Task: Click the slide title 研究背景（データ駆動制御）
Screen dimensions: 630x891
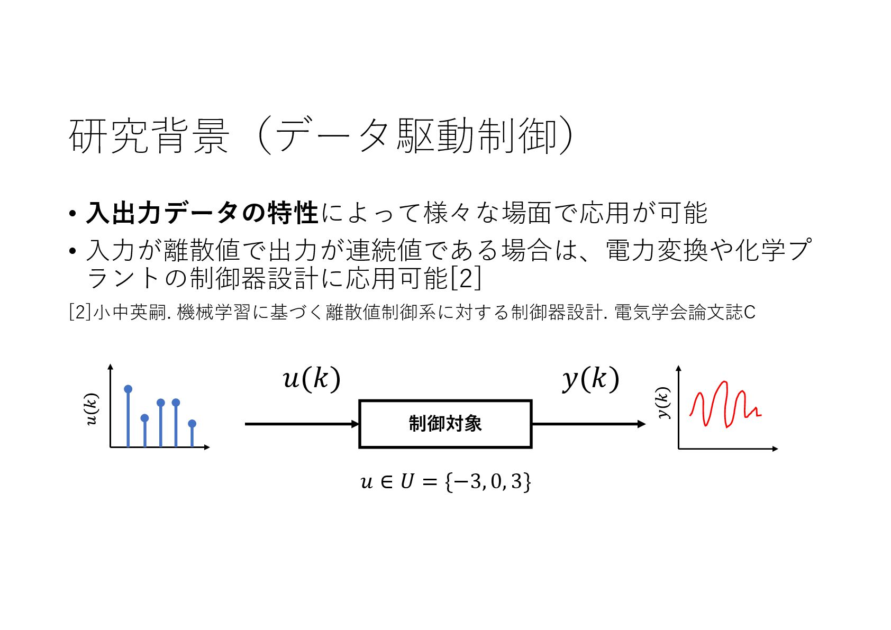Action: coord(321,136)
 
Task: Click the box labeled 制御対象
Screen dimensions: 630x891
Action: coord(445,424)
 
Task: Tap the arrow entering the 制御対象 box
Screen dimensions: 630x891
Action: coord(302,424)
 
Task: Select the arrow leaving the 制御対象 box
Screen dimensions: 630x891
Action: coord(587,424)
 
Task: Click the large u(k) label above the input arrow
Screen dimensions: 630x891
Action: coord(311,379)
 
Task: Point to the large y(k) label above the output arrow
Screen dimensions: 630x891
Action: coord(590,379)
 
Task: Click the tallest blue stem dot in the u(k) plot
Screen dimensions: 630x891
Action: coord(128,389)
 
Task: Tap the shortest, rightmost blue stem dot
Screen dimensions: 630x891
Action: coord(192,423)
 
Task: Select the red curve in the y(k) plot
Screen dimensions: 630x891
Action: coord(725,405)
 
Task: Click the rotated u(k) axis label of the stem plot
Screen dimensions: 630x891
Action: coord(92,409)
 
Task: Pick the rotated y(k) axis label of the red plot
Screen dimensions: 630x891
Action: coord(662,403)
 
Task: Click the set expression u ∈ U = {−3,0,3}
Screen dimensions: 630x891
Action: coord(446,481)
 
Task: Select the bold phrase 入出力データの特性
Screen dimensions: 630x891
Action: coord(202,213)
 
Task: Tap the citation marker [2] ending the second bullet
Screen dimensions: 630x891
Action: coord(466,278)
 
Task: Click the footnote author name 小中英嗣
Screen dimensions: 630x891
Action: coord(129,312)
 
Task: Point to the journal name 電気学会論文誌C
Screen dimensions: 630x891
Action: coord(685,312)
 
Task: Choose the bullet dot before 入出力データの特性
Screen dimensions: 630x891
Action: coord(72,214)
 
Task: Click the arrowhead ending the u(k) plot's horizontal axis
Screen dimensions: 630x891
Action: coord(207,448)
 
